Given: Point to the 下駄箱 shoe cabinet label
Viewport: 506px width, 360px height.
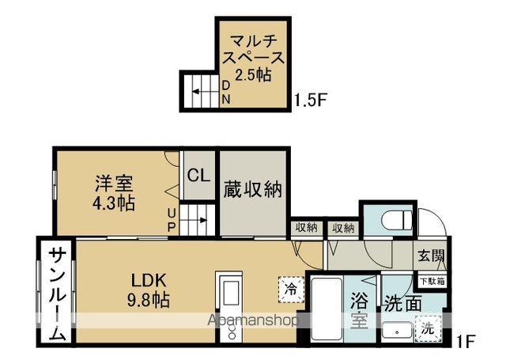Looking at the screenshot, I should (431, 280).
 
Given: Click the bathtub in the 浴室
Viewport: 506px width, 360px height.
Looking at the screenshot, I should (325, 309).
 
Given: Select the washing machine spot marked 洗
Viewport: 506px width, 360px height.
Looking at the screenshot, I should (428, 328).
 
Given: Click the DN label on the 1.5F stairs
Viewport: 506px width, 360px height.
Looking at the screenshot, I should (225, 92).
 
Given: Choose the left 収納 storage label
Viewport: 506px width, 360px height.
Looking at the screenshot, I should (306, 228).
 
